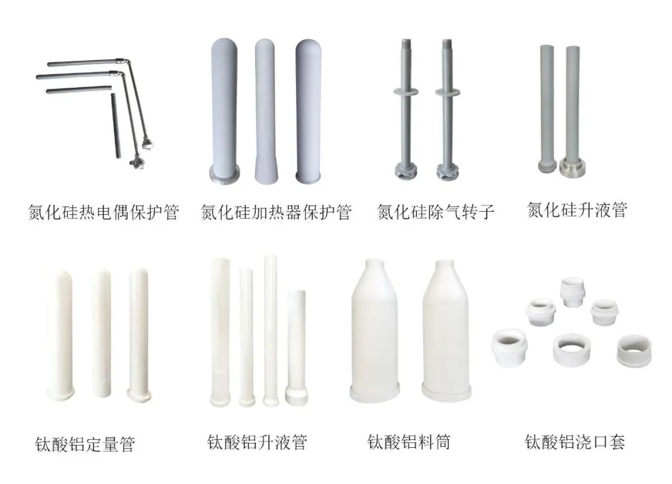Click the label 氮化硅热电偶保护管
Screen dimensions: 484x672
pyautogui.click(x=104, y=213)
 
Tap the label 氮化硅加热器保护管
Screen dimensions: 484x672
pyautogui.click(x=276, y=213)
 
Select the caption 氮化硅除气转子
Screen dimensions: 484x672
pyautogui.click(x=436, y=213)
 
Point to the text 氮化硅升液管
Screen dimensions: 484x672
pyautogui.click(x=577, y=210)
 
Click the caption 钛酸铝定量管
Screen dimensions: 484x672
pyautogui.click(x=85, y=445)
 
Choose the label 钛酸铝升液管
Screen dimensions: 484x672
pyautogui.click(x=258, y=443)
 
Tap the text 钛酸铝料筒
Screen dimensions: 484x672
pyautogui.click(x=409, y=442)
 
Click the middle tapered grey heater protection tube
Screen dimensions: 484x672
pyautogui.click(x=269, y=112)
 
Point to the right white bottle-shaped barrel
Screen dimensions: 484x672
pyautogui.click(x=447, y=330)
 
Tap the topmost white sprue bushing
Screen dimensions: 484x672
pyautogui.click(x=571, y=292)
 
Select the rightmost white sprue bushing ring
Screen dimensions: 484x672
pyautogui.click(x=634, y=353)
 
